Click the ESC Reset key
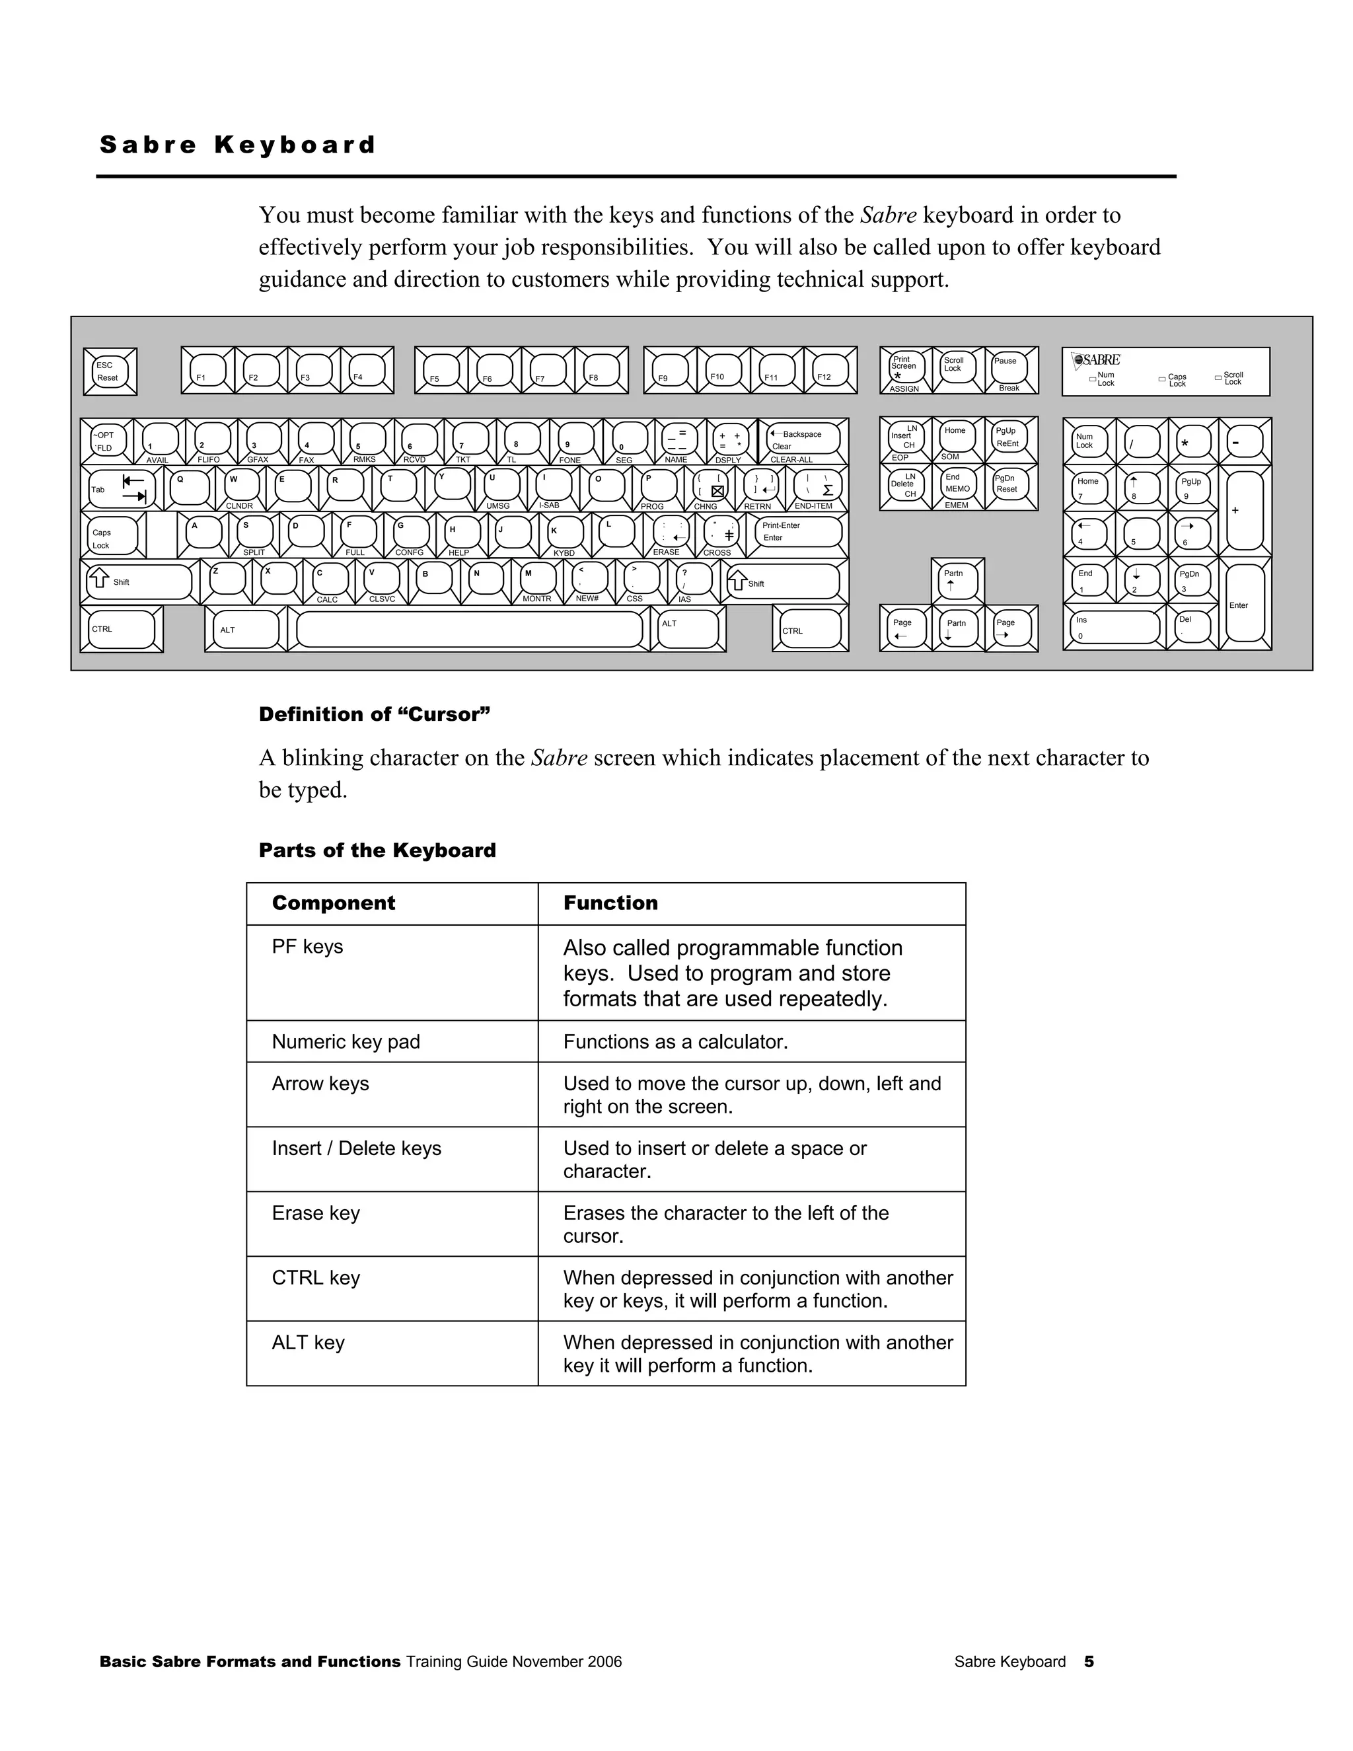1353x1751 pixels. pos(110,371)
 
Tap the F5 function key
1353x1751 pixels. pos(441,371)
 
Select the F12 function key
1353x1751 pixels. pos(830,371)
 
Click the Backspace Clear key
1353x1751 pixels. pos(802,440)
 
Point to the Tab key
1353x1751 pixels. pos(121,488)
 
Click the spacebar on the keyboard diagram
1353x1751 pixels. pos(469,629)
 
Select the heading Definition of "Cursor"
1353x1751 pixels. pos(373,714)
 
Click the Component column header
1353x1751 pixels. pos(334,903)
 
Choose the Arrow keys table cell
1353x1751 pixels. pos(320,1083)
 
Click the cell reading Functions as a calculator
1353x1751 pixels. pos(675,1041)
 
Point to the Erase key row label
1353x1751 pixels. pos(316,1213)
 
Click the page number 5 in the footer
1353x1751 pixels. pos(1089,1661)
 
